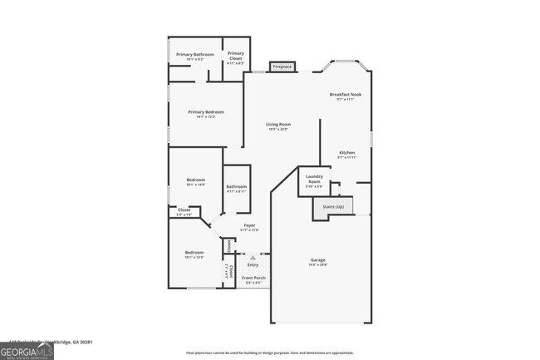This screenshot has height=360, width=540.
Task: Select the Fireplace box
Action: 282,66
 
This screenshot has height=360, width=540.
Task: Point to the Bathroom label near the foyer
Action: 236,188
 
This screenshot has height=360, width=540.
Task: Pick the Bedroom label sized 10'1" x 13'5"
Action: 194,254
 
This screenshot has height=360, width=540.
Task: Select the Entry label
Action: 253,265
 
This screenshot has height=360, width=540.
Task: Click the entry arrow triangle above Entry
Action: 253,258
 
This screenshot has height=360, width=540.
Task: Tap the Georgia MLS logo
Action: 27,350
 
